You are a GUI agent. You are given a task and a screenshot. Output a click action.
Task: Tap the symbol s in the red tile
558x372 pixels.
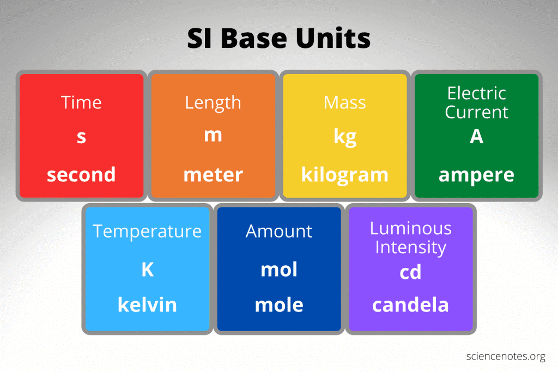[x=82, y=137]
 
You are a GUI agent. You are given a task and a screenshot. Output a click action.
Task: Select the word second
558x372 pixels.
[x=82, y=174]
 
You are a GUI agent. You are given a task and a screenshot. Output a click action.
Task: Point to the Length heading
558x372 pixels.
[x=213, y=103]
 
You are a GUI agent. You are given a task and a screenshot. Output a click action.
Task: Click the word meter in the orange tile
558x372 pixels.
[x=213, y=175]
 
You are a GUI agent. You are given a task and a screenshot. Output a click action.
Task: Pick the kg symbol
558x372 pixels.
[x=345, y=137]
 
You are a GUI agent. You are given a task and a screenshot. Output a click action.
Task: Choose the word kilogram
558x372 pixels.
[x=345, y=175]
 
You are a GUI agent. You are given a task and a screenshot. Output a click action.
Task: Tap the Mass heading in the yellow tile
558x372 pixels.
[x=345, y=103]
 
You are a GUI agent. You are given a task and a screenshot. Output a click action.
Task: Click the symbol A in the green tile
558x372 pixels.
[x=476, y=136]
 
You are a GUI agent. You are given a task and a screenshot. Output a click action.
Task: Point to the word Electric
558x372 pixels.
[x=476, y=93]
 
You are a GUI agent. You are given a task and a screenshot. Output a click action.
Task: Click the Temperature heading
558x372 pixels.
[x=147, y=232]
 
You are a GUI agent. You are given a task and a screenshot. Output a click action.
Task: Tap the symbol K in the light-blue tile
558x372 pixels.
[x=148, y=270]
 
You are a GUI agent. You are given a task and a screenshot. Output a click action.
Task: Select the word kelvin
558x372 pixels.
[x=147, y=305]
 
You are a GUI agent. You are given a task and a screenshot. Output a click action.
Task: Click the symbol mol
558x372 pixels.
[x=279, y=270]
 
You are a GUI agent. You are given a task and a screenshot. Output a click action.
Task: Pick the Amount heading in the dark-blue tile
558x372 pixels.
[x=279, y=231]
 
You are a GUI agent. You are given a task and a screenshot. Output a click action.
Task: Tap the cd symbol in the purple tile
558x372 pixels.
[x=410, y=272]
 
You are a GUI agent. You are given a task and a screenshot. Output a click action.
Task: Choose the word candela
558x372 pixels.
[x=410, y=305]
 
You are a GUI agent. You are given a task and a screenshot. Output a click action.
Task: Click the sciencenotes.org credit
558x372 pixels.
[x=506, y=356]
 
